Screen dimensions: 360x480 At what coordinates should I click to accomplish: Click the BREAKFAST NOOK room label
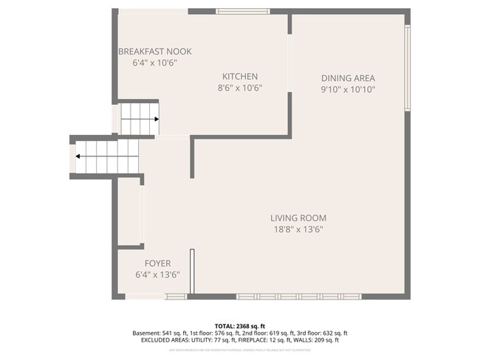point(155,52)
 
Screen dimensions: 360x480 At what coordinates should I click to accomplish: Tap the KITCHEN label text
point(240,77)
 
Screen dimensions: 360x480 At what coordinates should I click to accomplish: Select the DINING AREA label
point(348,78)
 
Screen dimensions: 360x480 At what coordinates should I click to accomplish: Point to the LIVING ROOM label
point(298,218)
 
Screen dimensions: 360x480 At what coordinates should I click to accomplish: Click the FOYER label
point(157,263)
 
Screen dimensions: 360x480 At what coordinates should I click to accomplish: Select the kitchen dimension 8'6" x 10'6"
point(240,88)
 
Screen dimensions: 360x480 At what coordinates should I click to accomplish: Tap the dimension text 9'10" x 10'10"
point(348,90)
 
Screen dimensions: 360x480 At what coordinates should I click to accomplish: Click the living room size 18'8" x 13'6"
point(298,229)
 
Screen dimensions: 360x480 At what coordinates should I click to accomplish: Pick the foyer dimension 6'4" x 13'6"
point(157,274)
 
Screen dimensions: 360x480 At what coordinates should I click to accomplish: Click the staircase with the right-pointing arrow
point(140,118)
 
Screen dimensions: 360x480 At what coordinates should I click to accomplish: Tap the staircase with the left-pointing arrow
point(107,156)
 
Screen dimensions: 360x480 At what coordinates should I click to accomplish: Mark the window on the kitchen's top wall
point(242,12)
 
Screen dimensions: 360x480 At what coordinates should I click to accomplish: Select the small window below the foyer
point(176,297)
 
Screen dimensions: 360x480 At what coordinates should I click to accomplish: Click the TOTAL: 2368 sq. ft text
point(239,326)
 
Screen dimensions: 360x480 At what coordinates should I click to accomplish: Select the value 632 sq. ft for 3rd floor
point(332,333)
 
